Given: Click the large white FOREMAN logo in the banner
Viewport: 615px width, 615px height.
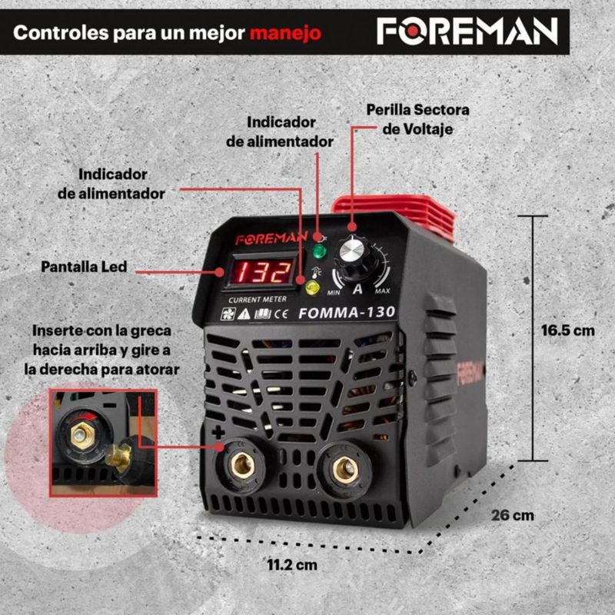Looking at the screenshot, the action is (467, 32).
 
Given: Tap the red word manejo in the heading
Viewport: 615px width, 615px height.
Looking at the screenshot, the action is (285, 33).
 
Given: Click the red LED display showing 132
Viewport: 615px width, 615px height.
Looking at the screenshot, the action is (261, 272).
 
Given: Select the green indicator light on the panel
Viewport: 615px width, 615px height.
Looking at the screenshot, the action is (319, 251).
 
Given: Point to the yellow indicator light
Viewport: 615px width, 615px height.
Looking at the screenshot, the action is (312, 288).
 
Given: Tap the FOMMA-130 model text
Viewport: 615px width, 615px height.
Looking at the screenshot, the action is (347, 313).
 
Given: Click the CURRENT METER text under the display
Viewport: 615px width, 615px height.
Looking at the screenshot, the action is (258, 300).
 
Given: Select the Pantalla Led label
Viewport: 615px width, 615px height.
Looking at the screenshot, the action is (84, 267).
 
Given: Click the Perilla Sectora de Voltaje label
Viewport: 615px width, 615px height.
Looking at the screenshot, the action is (417, 119).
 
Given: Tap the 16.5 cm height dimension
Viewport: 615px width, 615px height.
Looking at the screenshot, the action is (567, 331).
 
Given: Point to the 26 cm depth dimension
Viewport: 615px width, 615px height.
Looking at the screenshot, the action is (513, 515).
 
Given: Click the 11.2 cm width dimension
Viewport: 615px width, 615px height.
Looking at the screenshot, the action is (292, 565).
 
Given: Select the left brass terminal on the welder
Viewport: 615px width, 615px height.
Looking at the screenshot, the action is (242, 466).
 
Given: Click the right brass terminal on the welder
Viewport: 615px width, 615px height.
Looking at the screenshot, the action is (344, 470).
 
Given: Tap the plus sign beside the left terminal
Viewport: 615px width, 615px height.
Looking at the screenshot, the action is (218, 433).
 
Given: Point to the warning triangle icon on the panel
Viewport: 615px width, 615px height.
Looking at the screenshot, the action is (244, 314).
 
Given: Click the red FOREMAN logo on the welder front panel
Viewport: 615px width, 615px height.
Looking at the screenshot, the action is (271, 238).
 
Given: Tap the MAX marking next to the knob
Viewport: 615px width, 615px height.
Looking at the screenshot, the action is (382, 291).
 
